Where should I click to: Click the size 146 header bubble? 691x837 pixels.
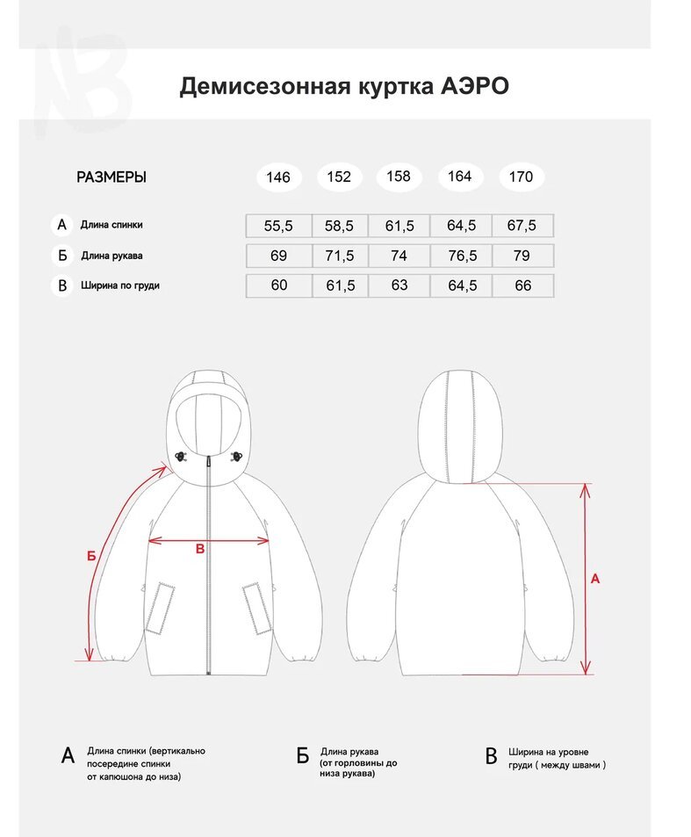coord(278,177)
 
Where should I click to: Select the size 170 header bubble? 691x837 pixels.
coord(521,177)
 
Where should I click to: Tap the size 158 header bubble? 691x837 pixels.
coord(399,177)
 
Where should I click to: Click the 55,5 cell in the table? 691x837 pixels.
coord(278,226)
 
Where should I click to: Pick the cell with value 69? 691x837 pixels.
coord(278,256)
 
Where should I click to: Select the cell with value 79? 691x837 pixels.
coord(522,256)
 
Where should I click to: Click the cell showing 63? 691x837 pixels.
coord(399,285)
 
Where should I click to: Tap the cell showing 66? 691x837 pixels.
coord(522,285)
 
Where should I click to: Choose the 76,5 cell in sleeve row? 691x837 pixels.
coord(462,256)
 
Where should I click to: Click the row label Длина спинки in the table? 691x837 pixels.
coord(112,225)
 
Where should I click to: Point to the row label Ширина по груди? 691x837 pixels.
coord(120,285)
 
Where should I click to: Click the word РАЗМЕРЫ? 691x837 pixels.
coord(112,177)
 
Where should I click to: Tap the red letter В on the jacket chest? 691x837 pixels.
coord(199,549)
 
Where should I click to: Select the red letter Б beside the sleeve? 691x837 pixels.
coord(90,555)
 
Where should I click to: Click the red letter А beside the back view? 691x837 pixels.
coord(595,579)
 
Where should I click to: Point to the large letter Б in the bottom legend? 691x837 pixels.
coord(302,756)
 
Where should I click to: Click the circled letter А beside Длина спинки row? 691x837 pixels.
coord(61,225)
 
